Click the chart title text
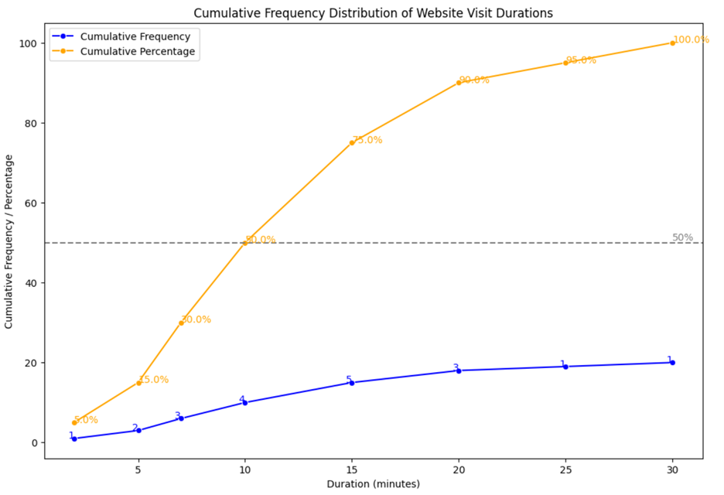(x=373, y=13)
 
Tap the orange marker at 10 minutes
(x=245, y=243)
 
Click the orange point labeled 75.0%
(x=352, y=143)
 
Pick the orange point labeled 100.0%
(x=672, y=43)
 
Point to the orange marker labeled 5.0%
(x=74, y=422)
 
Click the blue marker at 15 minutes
(x=352, y=383)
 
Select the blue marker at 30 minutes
(x=672, y=363)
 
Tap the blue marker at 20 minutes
(x=459, y=370)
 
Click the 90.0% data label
(x=474, y=80)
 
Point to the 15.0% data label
(x=153, y=380)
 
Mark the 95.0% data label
(x=581, y=60)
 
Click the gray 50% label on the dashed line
(x=682, y=237)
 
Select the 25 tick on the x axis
(x=565, y=470)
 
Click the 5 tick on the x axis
(x=138, y=470)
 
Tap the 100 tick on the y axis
(x=29, y=43)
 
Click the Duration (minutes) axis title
(x=373, y=484)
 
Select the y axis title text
(x=10, y=241)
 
